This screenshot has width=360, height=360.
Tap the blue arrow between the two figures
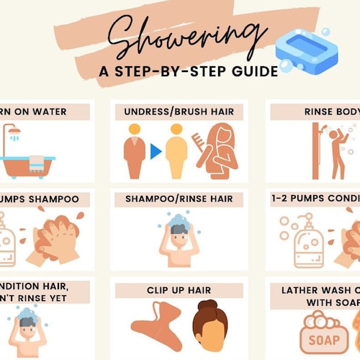156,151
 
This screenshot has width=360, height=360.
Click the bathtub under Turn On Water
27,164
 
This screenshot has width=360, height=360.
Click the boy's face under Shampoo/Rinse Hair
179,238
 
